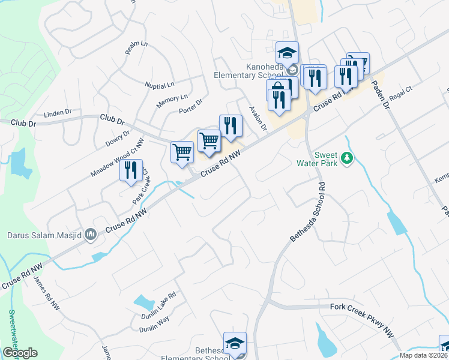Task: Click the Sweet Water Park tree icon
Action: pos(346,158)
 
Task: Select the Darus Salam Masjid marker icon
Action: pos(91,233)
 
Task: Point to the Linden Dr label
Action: pos(59,112)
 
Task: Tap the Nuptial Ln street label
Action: pos(159,84)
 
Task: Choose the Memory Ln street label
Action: pos(172,101)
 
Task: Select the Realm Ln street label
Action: pos(136,49)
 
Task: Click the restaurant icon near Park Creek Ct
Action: pos(131,170)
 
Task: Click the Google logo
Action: pos(20,353)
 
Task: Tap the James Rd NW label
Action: pos(46,293)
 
